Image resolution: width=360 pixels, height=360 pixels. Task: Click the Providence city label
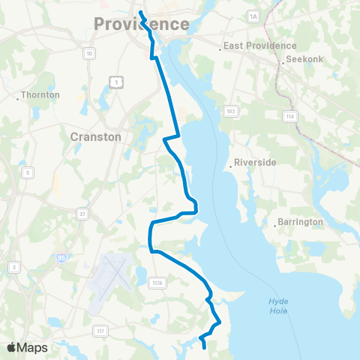(141, 24)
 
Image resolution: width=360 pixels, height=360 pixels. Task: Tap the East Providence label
(260, 46)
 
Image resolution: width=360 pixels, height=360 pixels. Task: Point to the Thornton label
(39, 95)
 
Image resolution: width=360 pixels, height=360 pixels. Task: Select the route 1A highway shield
(253, 16)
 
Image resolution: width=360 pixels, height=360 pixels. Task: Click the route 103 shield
(231, 111)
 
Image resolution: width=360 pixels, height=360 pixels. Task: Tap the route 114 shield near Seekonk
(289, 115)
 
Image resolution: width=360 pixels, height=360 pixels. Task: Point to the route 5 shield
(28, 173)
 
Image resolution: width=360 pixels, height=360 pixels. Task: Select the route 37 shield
(81, 214)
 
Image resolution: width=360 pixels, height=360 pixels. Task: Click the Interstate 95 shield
(61, 257)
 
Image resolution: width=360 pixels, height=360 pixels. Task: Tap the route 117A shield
(158, 282)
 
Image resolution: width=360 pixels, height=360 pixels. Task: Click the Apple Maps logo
(27, 347)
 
